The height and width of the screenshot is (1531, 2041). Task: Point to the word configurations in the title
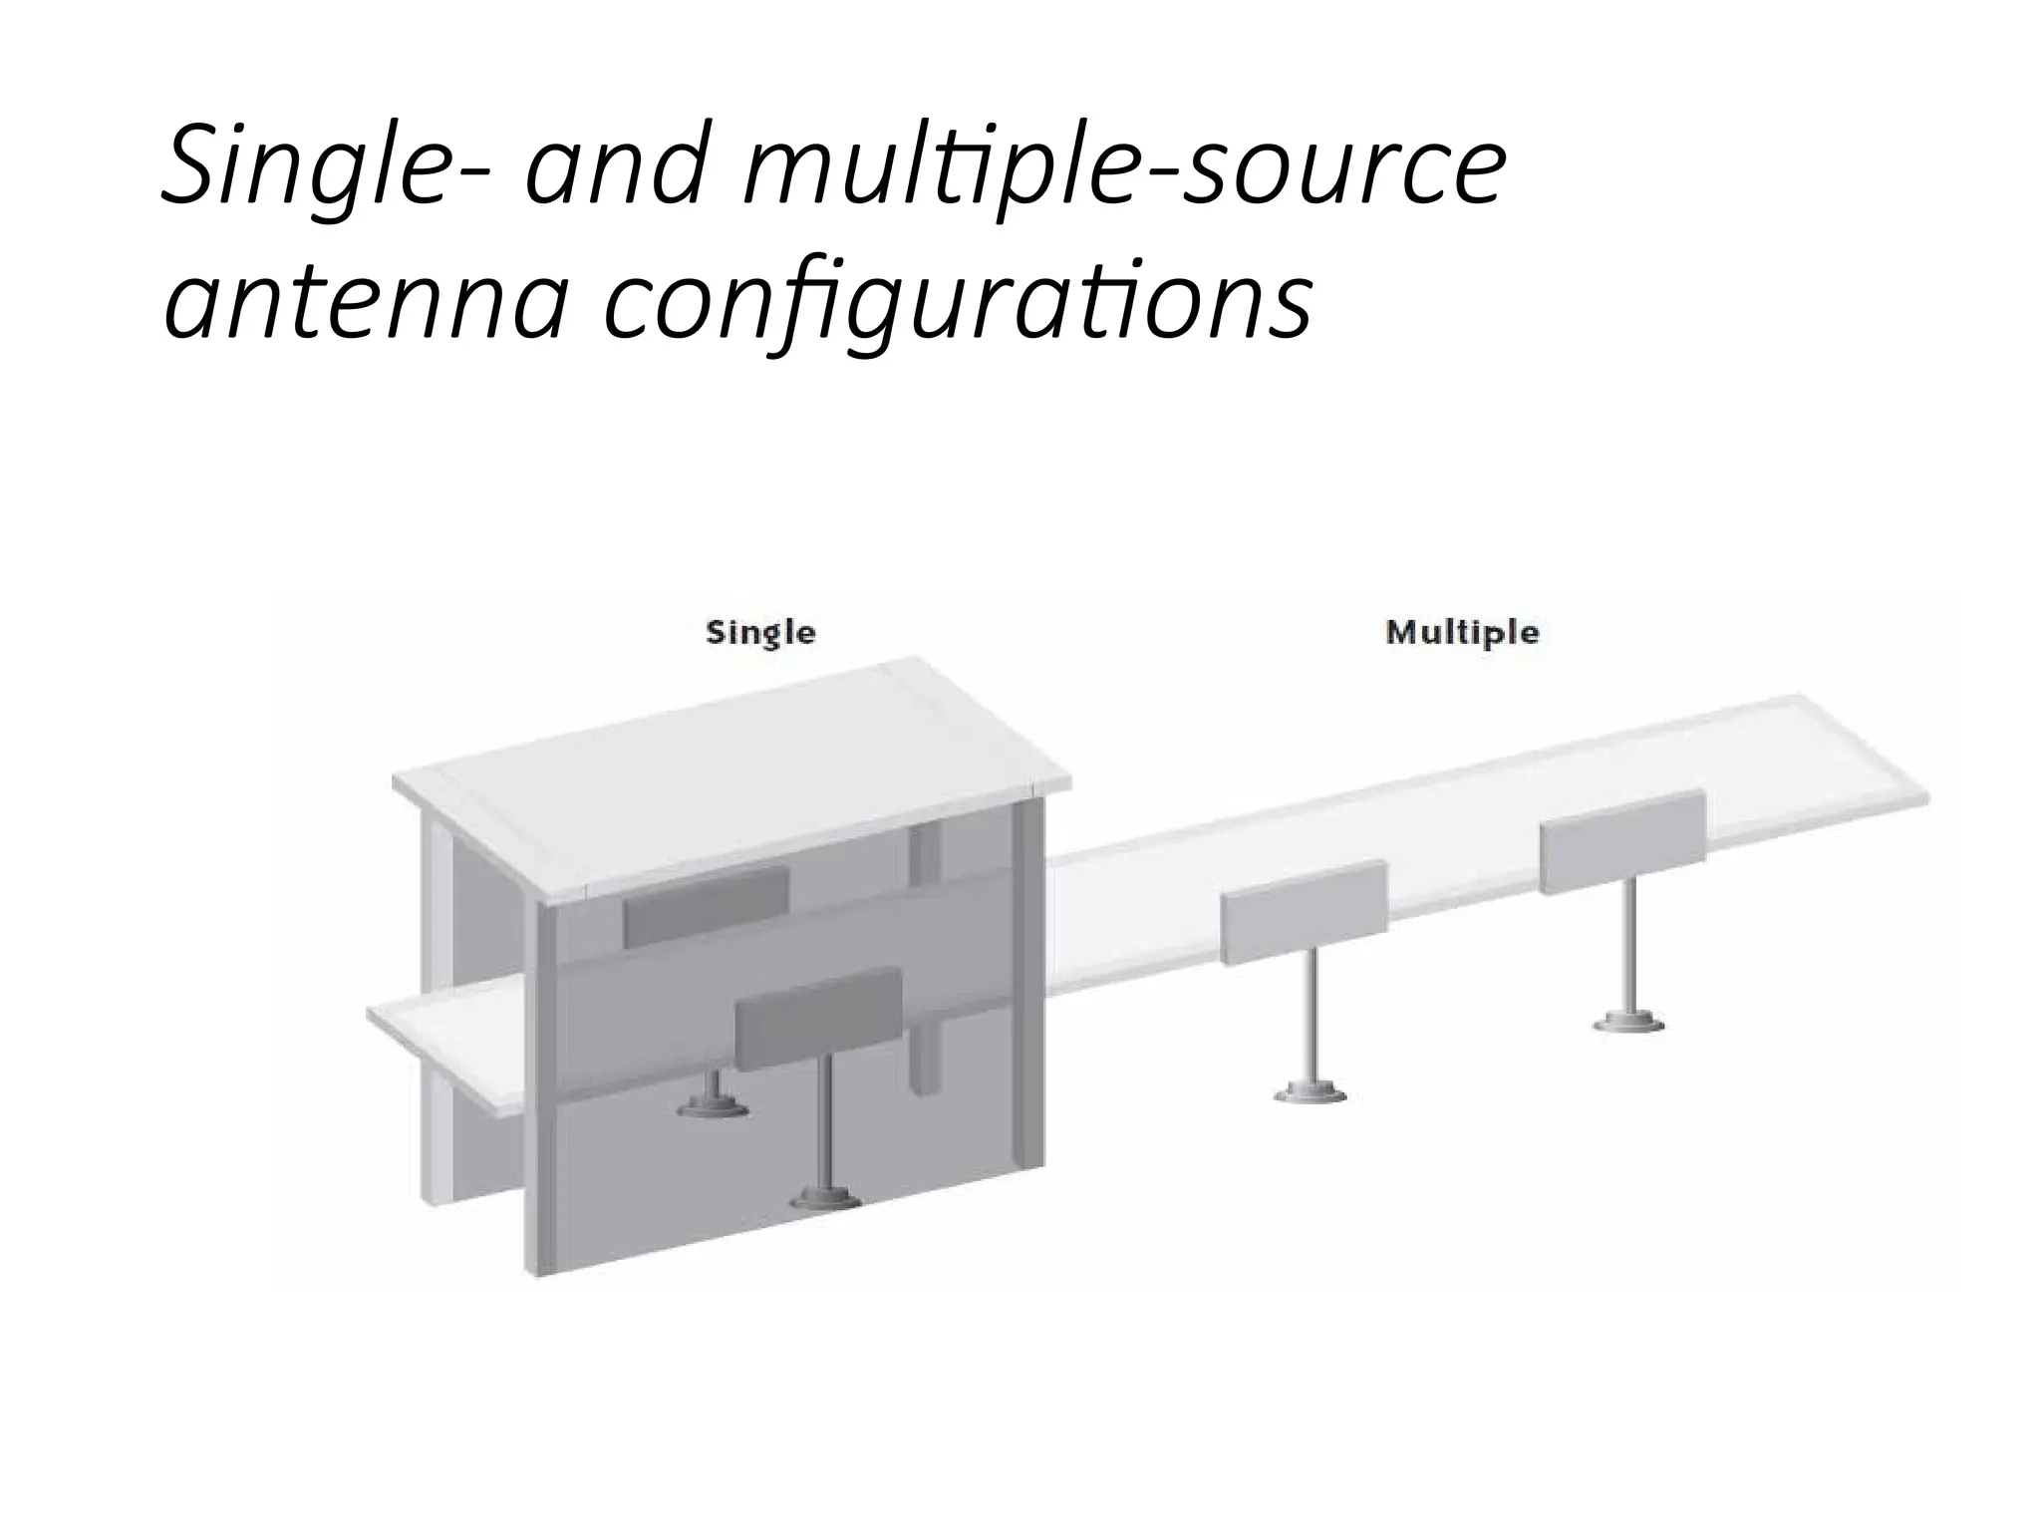[958, 299]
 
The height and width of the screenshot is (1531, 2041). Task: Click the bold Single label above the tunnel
[760, 633]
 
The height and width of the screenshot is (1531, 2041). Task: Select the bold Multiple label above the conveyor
[1462, 633]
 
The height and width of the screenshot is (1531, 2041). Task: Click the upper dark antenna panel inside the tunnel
[707, 904]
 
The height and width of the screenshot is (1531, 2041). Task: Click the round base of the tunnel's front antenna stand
[825, 1199]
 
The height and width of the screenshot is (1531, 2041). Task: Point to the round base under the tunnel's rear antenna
[714, 1106]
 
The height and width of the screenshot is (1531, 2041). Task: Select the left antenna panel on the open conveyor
[1304, 912]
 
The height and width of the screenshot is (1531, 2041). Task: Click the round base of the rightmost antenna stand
[1629, 1022]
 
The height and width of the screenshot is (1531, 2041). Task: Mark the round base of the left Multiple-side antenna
[1311, 1093]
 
